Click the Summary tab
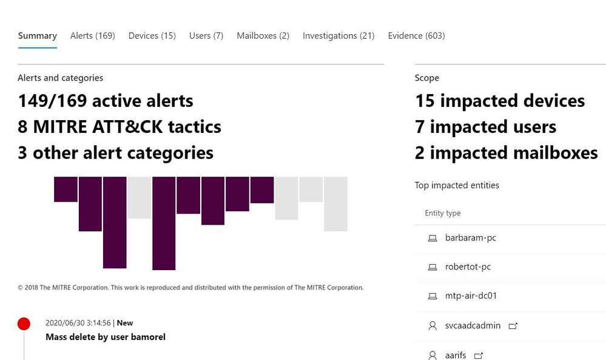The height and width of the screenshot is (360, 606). point(37,36)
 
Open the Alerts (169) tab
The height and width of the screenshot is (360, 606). point(92,36)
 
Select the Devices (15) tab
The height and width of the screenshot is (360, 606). point(152,36)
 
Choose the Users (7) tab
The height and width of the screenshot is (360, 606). point(206,36)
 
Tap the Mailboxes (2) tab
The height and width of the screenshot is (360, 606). point(263,36)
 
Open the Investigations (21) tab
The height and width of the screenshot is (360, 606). point(338,36)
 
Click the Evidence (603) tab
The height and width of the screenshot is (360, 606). point(416,36)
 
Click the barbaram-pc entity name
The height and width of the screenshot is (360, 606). point(470,238)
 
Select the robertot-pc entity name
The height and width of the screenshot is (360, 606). point(468,267)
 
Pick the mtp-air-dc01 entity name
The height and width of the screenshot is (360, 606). point(471,296)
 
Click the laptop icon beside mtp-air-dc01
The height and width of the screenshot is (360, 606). point(433,296)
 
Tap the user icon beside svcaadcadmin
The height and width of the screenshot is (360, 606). point(433,326)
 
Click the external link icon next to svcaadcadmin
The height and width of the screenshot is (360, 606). point(513,326)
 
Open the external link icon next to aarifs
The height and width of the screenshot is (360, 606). point(478,355)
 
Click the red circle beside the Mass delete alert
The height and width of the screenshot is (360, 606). point(24,324)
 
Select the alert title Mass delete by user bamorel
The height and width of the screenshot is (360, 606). point(106,337)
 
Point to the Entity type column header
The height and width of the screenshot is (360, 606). point(442,213)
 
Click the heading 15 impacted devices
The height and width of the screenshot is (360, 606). point(500,101)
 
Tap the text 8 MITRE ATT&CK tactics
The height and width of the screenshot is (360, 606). point(120,127)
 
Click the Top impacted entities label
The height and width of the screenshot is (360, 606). point(457,185)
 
